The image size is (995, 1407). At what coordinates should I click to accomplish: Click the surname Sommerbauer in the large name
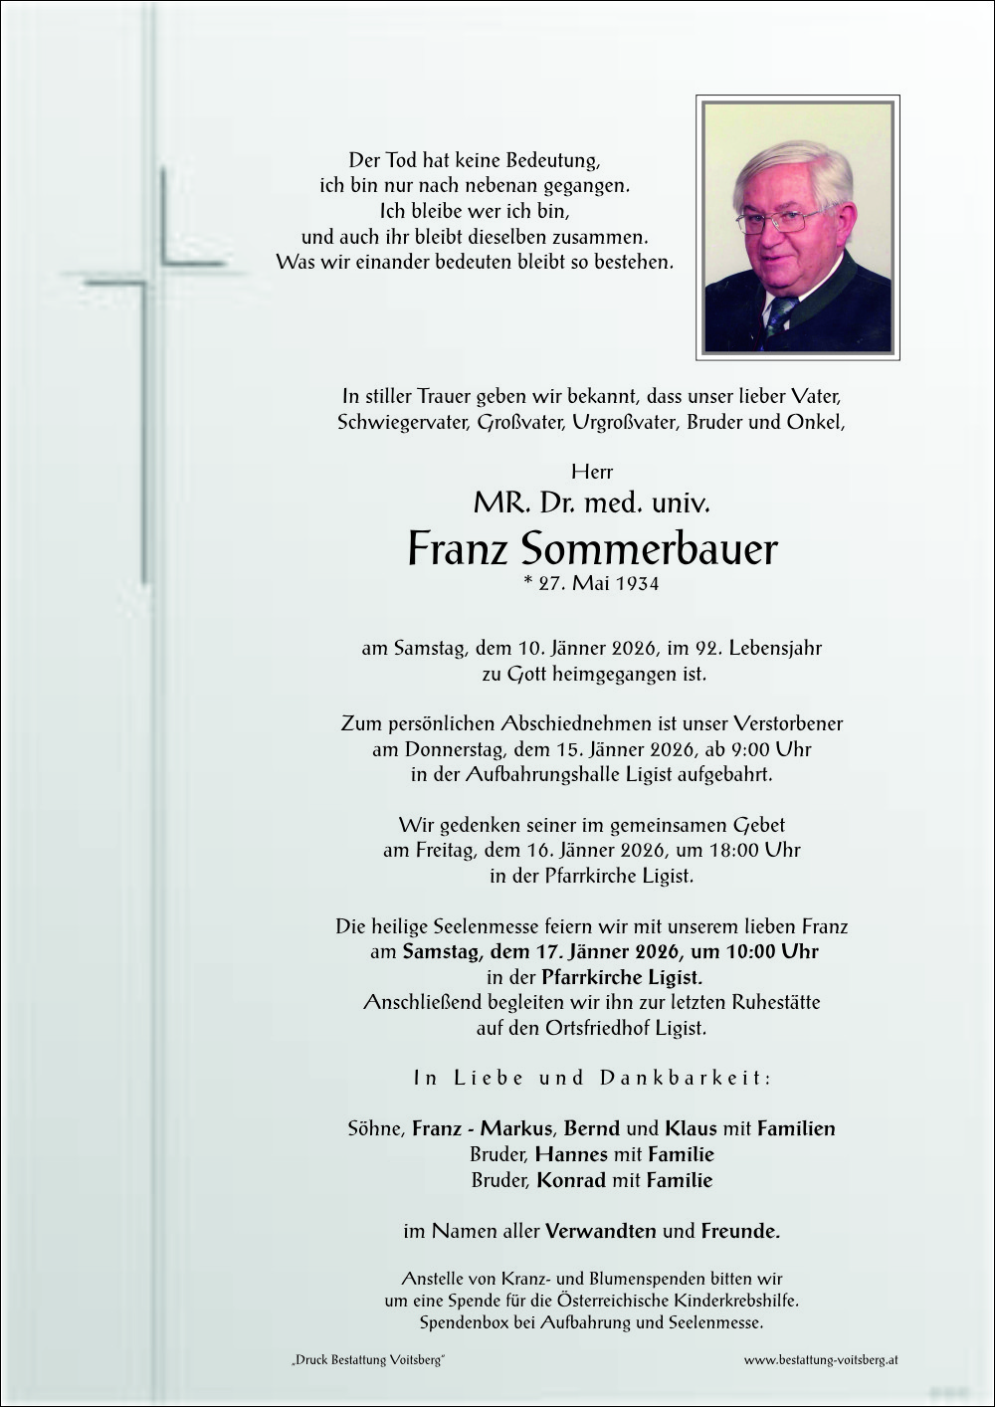[x=649, y=548]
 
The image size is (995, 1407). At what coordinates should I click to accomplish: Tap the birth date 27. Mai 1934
[x=591, y=583]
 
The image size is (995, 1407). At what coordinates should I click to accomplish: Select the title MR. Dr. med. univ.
[x=591, y=502]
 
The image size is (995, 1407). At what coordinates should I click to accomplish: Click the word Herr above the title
[x=592, y=472]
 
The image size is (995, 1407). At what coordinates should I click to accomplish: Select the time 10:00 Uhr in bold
[x=772, y=951]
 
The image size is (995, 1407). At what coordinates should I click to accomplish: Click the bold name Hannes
[x=571, y=1154]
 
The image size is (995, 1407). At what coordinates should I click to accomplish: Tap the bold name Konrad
[x=571, y=1180]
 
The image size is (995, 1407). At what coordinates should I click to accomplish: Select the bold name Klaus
[x=691, y=1128]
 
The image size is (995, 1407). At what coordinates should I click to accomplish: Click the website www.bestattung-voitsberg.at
[x=821, y=1359]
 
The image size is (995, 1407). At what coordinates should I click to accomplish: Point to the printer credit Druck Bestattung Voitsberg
[x=368, y=1360]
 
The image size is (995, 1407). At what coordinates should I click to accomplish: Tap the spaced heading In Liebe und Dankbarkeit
[x=592, y=1078]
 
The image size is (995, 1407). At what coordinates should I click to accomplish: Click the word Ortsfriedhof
[x=597, y=1028]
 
